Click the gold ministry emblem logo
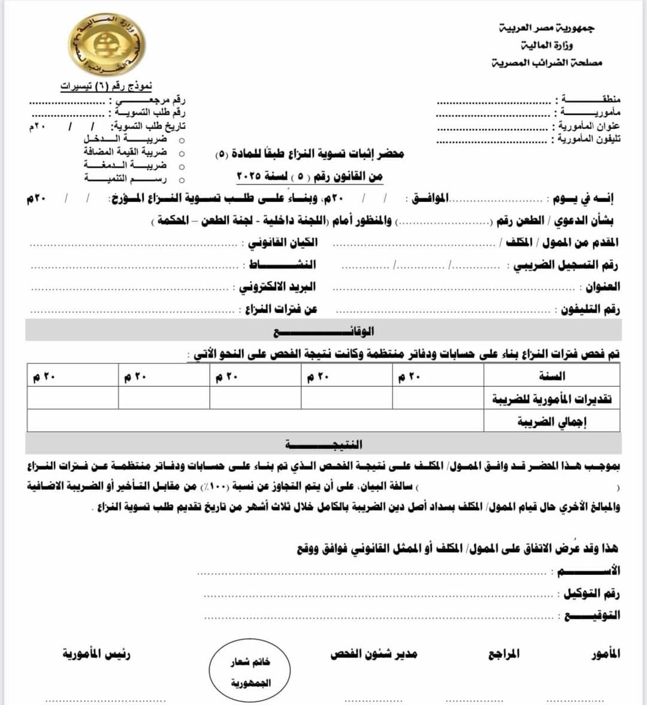(107, 45)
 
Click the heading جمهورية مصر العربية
(546, 28)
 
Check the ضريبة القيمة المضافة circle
(182, 153)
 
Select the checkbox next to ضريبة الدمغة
(182, 167)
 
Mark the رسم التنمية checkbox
(182, 180)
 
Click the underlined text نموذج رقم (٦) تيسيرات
(106, 86)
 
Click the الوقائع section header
(323, 331)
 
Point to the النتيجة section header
(323, 444)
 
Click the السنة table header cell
(552, 376)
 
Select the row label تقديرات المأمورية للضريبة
(552, 399)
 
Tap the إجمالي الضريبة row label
(552, 421)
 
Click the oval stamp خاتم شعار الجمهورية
(250, 672)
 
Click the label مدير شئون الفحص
(373, 654)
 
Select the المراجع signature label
(503, 654)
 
